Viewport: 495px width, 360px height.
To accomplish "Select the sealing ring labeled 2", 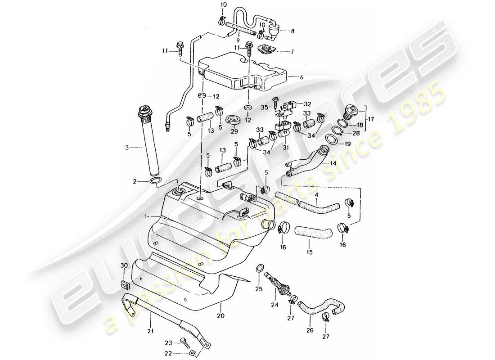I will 154,181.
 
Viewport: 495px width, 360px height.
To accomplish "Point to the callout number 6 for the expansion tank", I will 301,77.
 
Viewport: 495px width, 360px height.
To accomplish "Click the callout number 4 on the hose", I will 317,195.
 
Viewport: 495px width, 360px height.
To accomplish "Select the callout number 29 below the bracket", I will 234,131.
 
